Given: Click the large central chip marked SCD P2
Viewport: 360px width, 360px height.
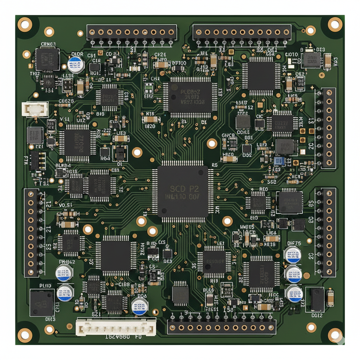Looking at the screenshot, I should click(182, 192).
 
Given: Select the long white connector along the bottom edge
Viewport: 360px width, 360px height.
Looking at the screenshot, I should click(116, 327).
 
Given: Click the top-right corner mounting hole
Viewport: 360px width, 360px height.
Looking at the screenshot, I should click(335, 23).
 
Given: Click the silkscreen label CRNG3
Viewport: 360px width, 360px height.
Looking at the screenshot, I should click(48, 45).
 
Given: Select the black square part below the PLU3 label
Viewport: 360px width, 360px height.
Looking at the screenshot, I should click(42, 303).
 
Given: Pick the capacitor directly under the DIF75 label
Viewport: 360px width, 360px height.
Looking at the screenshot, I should click(293, 255).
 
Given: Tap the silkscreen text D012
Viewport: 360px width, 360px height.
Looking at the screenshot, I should click(317, 315).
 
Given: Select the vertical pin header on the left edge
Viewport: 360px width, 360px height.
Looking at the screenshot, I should click(32, 232).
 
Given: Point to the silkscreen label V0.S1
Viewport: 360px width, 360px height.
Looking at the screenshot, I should click(66, 205).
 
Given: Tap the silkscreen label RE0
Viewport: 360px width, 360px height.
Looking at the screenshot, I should click(263, 189).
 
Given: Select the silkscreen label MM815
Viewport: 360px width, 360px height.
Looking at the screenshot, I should click(247, 227).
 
